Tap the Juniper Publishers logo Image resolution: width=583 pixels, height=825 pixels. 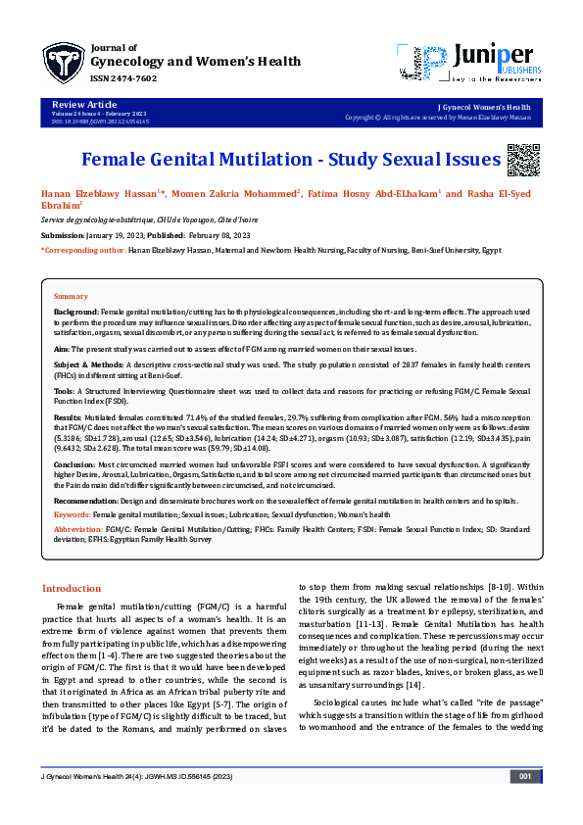tap(469, 61)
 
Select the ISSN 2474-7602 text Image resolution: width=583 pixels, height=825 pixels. tap(122, 78)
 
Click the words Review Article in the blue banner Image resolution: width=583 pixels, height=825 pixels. tap(77, 104)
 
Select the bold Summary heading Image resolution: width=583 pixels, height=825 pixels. tap(71, 295)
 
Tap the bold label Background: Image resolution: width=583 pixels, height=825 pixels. tap(76, 310)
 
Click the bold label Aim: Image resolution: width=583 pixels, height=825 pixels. tap(62, 349)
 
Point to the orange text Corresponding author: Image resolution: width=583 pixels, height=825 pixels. tap(84, 251)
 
